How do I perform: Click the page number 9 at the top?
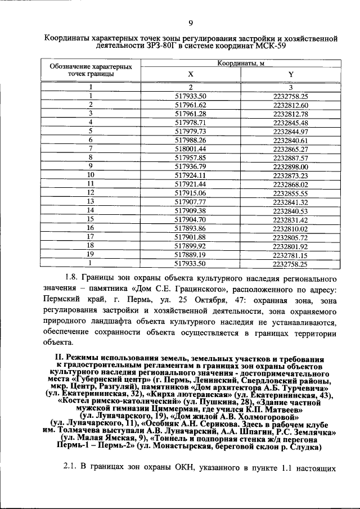click(x=191, y=23)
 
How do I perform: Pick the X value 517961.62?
click(x=191, y=105)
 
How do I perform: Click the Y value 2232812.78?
click(x=290, y=114)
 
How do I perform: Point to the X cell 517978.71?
click(x=191, y=122)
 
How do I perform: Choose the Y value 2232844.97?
click(x=290, y=131)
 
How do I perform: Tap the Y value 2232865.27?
click(x=290, y=149)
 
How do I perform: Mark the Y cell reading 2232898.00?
click(x=290, y=166)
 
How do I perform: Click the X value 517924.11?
click(x=191, y=175)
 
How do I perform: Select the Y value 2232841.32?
click(x=290, y=202)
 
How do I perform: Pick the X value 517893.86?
click(x=191, y=228)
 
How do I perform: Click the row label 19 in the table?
click(x=90, y=255)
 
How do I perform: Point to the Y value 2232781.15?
click(x=290, y=255)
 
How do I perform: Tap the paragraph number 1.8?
click(x=72, y=278)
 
